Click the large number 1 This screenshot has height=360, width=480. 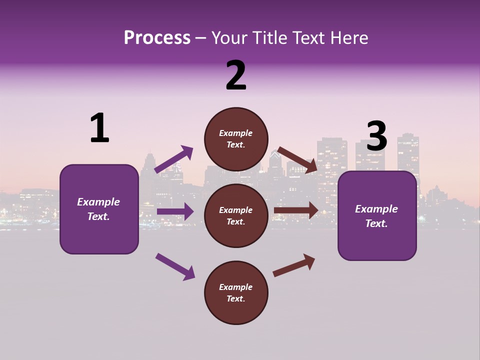[99, 128]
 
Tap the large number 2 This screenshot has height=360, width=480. [236, 75]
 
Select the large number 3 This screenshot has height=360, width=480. [376, 136]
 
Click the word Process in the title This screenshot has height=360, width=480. [157, 37]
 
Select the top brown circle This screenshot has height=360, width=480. [236, 139]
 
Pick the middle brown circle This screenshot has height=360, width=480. [236, 215]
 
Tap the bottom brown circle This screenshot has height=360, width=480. [236, 292]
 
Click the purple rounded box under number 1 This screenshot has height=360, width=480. [99, 209]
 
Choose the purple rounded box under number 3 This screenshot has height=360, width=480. [377, 216]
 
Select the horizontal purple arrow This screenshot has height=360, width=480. [175, 211]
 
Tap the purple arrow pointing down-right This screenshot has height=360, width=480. [175, 266]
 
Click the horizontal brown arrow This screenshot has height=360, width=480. [296, 210]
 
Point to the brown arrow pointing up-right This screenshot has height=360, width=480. [294, 265]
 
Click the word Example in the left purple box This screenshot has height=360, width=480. [98, 202]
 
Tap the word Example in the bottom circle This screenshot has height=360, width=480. [236, 287]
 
